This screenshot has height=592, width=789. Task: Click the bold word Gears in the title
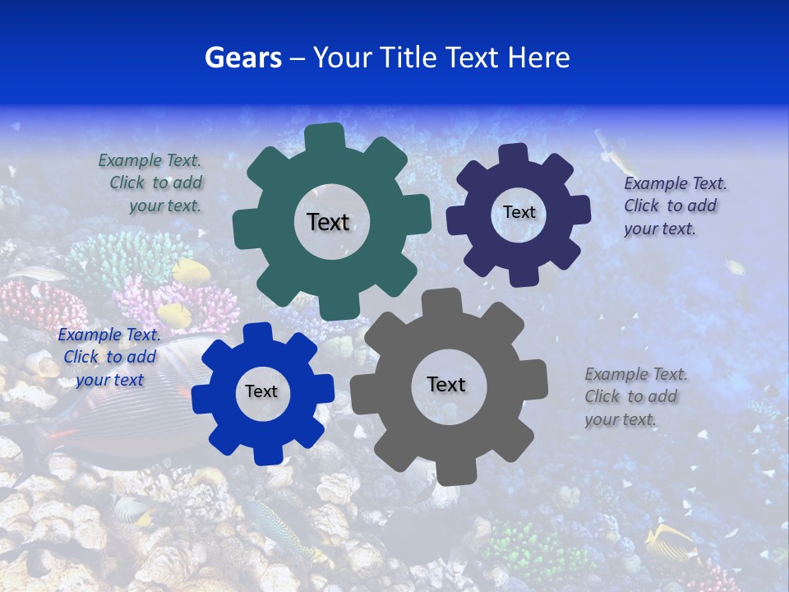(x=242, y=58)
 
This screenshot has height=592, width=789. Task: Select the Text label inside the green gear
(x=328, y=222)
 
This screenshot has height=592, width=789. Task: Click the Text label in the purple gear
(x=519, y=212)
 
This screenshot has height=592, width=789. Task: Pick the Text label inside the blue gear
(x=261, y=391)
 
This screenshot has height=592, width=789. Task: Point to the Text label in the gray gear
(x=446, y=384)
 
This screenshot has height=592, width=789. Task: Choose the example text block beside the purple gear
(x=675, y=206)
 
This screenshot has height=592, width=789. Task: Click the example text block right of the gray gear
(x=635, y=396)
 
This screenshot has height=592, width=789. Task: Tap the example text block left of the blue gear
(x=108, y=357)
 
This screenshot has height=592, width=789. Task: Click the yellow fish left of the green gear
(x=191, y=270)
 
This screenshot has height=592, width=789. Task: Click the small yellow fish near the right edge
(x=736, y=266)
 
